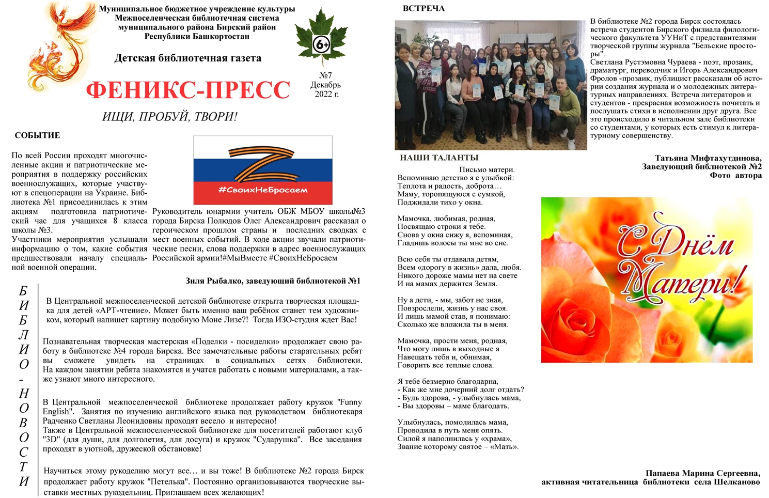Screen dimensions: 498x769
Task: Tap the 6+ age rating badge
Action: [x=321, y=45]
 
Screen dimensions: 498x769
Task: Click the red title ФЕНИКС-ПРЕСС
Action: [x=188, y=90]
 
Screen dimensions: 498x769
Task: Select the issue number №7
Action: [x=325, y=75]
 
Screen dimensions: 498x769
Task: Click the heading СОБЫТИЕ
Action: [x=37, y=135]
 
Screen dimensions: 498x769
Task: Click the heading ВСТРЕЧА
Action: [x=423, y=8]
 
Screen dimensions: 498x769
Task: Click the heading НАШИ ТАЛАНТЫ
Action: [x=439, y=158]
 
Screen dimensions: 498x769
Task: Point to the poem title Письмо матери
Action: [x=486, y=169]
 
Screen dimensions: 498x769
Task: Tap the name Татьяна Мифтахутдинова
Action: [x=708, y=158]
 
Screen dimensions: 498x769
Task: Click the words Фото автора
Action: [x=735, y=175]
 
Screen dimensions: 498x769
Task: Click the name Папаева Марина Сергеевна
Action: [x=702, y=473]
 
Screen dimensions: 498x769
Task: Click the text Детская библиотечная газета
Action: [x=187, y=58]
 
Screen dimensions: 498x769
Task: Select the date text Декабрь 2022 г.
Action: [x=325, y=89]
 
